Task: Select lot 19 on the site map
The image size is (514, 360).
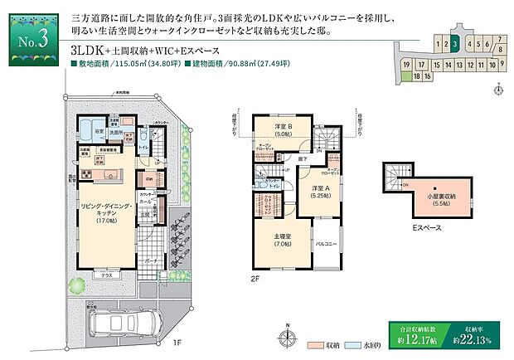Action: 406,64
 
